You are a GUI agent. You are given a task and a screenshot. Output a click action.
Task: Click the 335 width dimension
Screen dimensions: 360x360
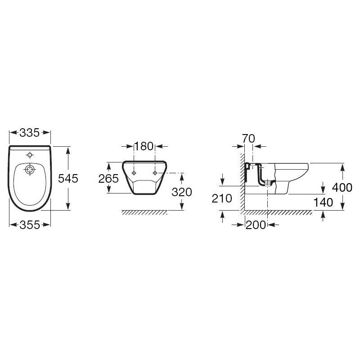[x=30, y=133]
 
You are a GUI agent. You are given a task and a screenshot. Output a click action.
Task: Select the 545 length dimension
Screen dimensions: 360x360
[x=68, y=178]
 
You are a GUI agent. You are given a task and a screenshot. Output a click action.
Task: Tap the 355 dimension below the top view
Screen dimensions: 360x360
[x=30, y=225]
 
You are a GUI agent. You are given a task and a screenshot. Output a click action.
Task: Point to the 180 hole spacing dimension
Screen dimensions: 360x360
[x=144, y=146]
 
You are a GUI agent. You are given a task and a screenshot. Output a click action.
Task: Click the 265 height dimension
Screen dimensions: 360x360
[x=108, y=178]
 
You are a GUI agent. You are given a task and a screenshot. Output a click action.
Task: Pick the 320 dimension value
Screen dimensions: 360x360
[x=182, y=192]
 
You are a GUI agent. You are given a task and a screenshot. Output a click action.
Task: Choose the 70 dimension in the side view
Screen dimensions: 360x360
[x=248, y=139]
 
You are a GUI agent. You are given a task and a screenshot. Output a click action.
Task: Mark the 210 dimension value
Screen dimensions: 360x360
[x=222, y=198]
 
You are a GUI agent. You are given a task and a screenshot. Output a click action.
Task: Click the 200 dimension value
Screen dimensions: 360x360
[x=256, y=225]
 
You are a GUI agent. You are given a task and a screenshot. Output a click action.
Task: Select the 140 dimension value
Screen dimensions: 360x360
[x=323, y=202]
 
